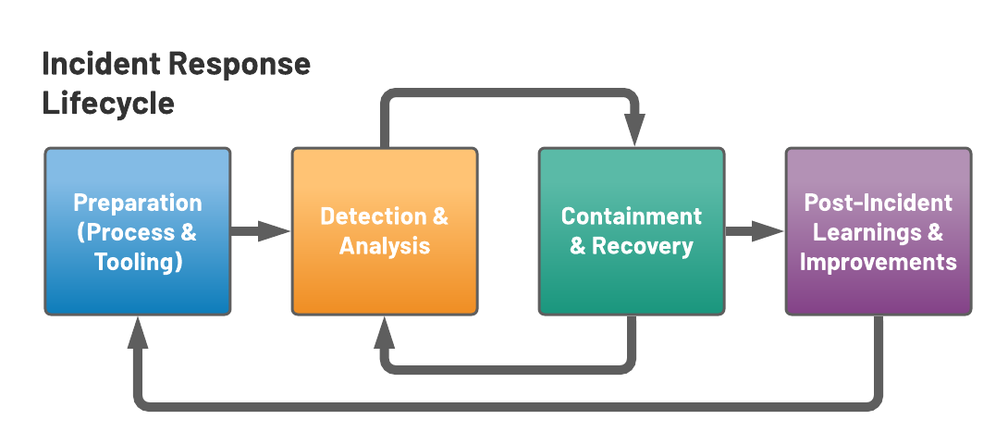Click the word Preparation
[137, 203]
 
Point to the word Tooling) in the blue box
[138, 262]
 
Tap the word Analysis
[384, 246]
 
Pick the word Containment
[631, 216]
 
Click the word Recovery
[643, 246]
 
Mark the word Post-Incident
[878, 203]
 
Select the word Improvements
[878, 262]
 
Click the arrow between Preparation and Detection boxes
[275, 231]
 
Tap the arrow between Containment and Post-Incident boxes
[768, 231]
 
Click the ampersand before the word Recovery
[578, 246]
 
